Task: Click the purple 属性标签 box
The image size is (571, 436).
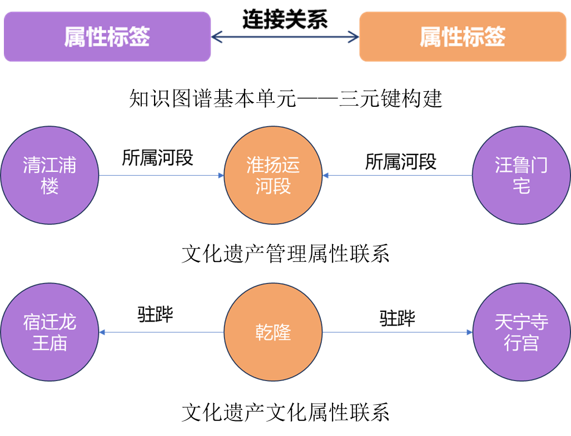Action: [x=107, y=37]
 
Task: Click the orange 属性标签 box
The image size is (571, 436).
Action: [x=463, y=37]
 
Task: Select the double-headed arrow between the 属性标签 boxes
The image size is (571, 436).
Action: [x=285, y=37]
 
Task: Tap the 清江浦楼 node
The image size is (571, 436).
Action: [x=49, y=175]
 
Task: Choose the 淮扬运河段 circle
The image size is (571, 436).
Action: [x=273, y=175]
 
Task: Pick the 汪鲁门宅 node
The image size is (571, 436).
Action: [x=521, y=175]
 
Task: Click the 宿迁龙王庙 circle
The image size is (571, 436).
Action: [x=49, y=333]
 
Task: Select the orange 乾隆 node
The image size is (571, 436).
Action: [x=273, y=333]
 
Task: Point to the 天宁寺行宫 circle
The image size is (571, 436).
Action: [x=521, y=333]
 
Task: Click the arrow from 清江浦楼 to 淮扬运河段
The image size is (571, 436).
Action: [x=161, y=176]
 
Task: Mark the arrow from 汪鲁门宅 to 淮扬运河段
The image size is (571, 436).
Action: [x=398, y=176]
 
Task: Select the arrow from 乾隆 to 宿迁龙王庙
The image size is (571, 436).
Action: [x=161, y=333]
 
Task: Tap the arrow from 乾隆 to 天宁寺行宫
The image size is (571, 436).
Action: [x=398, y=333]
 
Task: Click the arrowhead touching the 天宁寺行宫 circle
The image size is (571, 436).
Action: [x=469, y=333]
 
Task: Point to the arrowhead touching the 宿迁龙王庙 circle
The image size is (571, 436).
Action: [x=102, y=333]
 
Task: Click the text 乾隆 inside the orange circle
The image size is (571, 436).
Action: [x=273, y=333]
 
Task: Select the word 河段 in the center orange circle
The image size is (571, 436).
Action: [x=273, y=186]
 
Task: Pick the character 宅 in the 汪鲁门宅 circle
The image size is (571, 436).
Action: [x=521, y=186]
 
